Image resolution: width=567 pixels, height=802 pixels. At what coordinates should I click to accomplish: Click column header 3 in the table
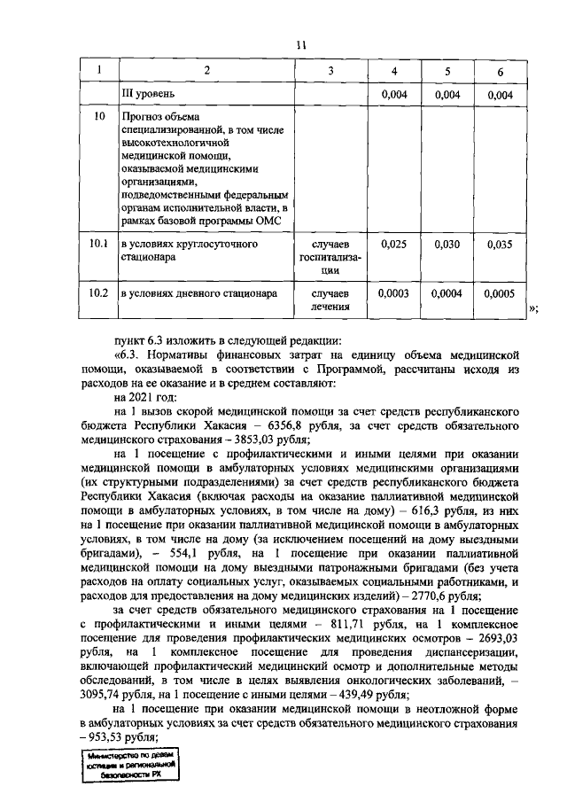pyautogui.click(x=330, y=71)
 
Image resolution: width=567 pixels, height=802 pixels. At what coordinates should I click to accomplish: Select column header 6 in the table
pyautogui.click(x=501, y=71)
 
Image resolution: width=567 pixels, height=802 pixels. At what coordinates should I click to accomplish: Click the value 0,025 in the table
pyautogui.click(x=393, y=243)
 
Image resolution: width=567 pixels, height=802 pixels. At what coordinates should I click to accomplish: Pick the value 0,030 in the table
pyautogui.click(x=447, y=243)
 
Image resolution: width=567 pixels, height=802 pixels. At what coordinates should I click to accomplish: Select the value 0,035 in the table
pyautogui.click(x=501, y=243)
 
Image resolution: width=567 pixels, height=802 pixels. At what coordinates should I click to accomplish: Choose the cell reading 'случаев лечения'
pyautogui.click(x=330, y=300)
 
